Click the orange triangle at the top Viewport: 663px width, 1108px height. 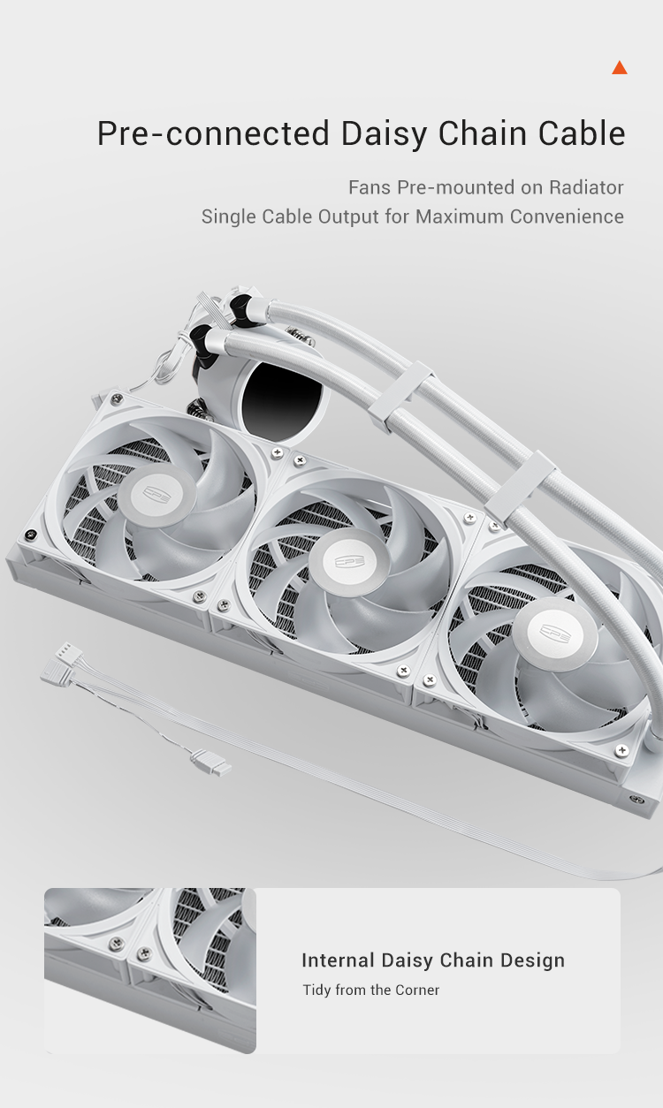620,68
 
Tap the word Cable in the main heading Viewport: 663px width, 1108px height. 582,133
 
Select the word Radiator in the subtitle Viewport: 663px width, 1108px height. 586,187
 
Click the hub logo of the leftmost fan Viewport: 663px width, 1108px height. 156,493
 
